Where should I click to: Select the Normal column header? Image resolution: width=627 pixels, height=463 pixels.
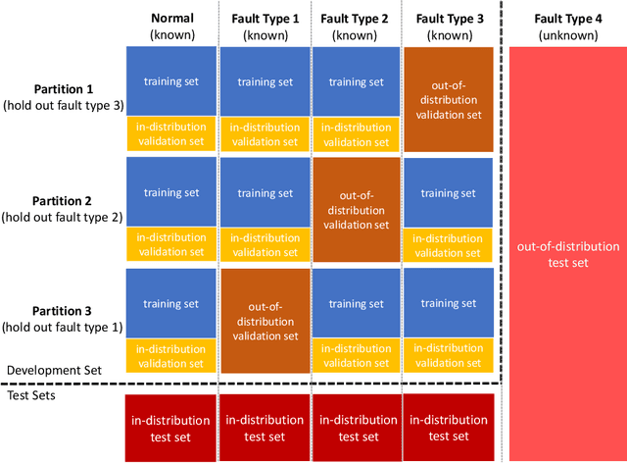click(171, 26)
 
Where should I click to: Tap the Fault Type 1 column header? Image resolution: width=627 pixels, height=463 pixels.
click(265, 26)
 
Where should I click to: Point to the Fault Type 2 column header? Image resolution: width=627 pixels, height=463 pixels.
click(357, 26)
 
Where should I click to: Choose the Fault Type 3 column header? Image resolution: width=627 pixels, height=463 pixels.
click(448, 26)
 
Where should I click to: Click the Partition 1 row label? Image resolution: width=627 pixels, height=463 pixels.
click(59, 96)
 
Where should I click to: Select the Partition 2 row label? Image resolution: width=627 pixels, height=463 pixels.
click(59, 208)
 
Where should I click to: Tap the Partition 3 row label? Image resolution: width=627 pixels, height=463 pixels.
click(59, 319)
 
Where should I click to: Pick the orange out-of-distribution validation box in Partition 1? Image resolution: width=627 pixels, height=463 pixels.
click(448, 98)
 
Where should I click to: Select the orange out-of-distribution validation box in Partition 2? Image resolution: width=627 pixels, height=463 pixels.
click(357, 210)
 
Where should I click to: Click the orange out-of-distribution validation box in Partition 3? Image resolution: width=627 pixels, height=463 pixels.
click(265, 321)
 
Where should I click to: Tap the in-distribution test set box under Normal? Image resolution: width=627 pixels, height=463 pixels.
click(171, 428)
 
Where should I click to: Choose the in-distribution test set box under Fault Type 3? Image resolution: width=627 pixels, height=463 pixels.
click(448, 428)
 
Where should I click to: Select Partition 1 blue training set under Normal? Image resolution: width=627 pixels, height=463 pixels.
click(171, 80)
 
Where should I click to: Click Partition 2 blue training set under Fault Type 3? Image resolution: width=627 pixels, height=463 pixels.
click(448, 192)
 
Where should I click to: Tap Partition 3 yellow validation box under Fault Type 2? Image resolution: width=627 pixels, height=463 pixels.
click(357, 356)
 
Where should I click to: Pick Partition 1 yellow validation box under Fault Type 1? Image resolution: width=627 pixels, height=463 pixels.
click(265, 133)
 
